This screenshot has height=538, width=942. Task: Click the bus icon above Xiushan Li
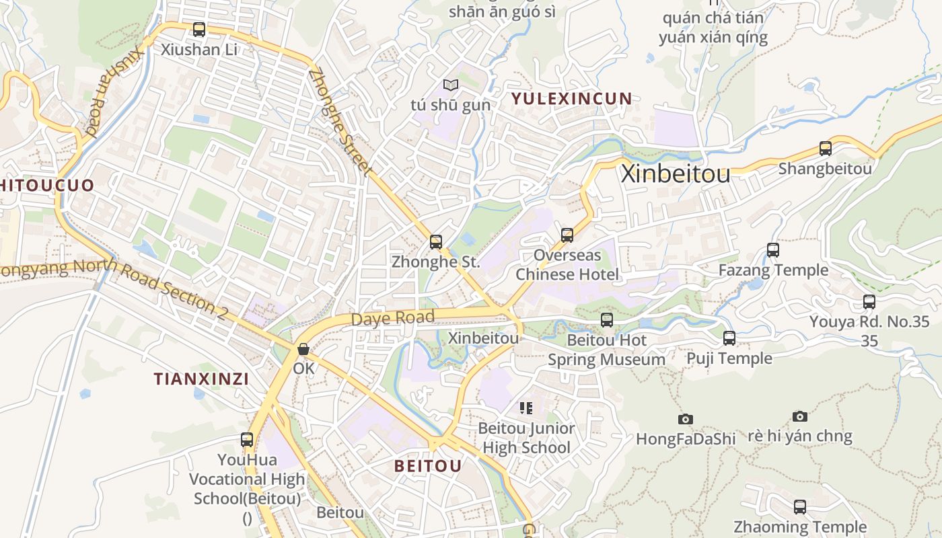(198, 29)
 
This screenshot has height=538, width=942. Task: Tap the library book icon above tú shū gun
(451, 85)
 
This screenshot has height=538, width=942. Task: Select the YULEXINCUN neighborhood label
(571, 99)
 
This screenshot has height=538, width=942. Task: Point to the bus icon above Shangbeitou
(825, 149)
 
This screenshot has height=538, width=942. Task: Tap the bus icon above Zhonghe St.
(436, 241)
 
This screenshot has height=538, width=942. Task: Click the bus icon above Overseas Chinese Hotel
(567, 235)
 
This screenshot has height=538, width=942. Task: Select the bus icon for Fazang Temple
(773, 250)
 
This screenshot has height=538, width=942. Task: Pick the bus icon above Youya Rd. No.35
(869, 302)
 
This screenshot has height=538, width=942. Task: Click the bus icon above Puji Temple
(729, 338)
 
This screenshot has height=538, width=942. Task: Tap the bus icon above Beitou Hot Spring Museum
(607, 320)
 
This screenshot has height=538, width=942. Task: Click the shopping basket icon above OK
(303, 349)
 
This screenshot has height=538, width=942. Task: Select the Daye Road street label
(393, 317)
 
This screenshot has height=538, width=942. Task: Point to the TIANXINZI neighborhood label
(201, 379)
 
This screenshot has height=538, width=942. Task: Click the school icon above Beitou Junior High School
(526, 408)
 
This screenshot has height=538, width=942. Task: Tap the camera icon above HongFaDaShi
(686, 419)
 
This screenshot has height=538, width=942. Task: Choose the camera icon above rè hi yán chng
(799, 416)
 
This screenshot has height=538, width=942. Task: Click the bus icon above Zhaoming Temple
(799, 507)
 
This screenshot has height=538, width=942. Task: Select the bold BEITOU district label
(428, 465)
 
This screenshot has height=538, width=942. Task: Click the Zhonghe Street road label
(340, 122)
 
